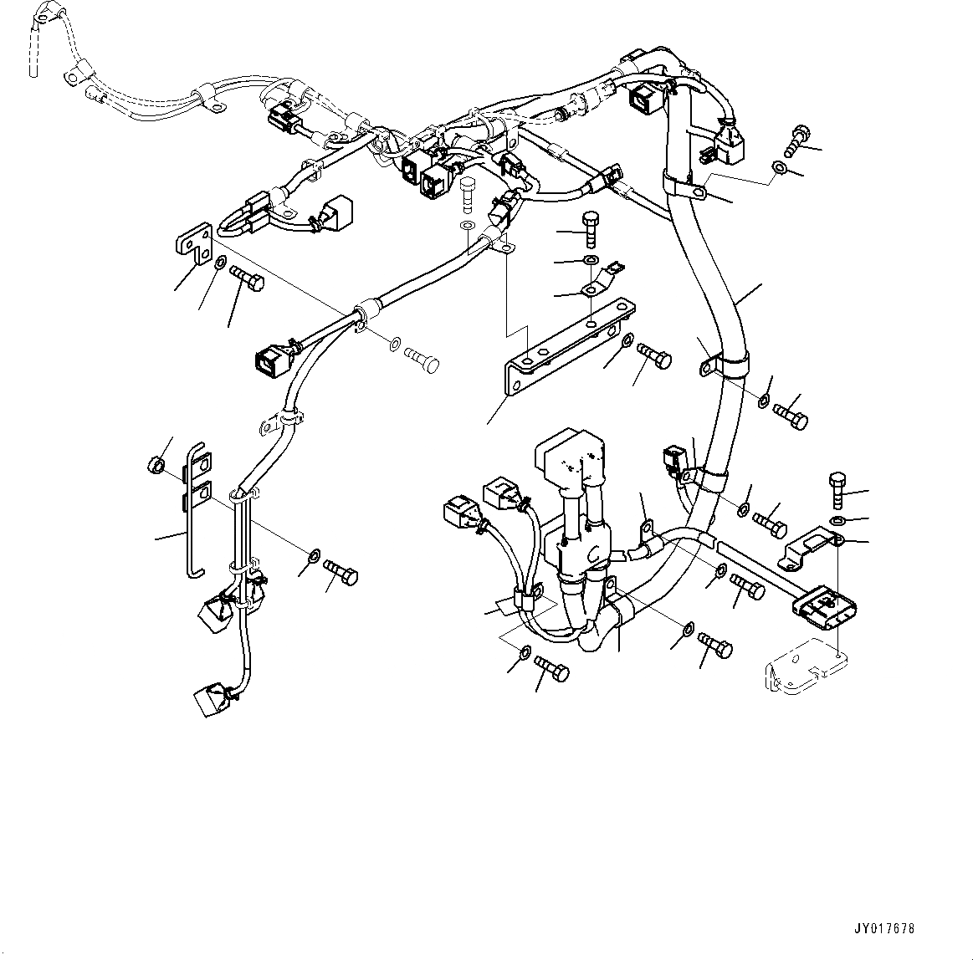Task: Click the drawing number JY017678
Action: [x=885, y=928]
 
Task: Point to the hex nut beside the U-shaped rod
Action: [x=155, y=464]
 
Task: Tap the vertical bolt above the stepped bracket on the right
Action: [x=840, y=489]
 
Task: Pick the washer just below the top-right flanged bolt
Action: [x=779, y=170]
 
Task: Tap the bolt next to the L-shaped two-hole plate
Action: [x=246, y=279]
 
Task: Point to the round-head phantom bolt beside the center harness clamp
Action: [x=422, y=360]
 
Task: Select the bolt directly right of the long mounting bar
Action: [x=654, y=355]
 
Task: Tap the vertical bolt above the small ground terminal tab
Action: [x=590, y=225]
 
